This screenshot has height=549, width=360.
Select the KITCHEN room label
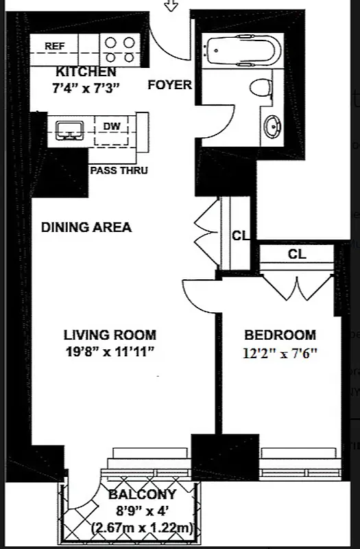click(x=86, y=71)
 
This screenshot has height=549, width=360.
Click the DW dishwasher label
click(x=111, y=126)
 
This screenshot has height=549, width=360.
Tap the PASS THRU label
click(x=119, y=170)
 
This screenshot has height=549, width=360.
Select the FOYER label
click(x=170, y=85)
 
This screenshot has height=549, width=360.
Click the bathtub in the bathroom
click(x=239, y=51)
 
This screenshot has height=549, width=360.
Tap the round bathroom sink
click(x=273, y=126)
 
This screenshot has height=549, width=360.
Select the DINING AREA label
click(x=86, y=227)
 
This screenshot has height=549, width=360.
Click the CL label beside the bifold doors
click(x=240, y=235)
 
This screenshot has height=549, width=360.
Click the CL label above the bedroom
click(x=297, y=254)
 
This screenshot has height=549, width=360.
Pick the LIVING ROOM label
click(x=110, y=335)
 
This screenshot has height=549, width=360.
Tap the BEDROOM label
click(x=280, y=335)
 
